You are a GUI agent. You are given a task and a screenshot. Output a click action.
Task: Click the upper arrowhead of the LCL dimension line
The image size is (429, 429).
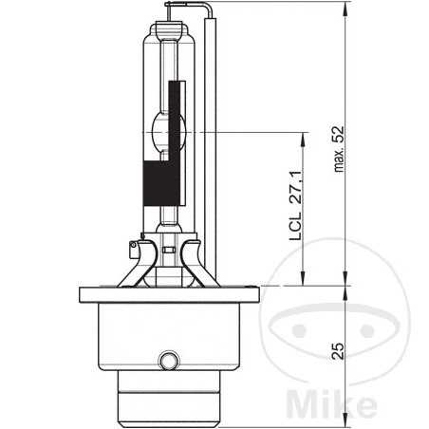click(x=302, y=135)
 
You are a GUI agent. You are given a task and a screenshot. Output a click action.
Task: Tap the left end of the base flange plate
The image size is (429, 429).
click(x=79, y=290)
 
